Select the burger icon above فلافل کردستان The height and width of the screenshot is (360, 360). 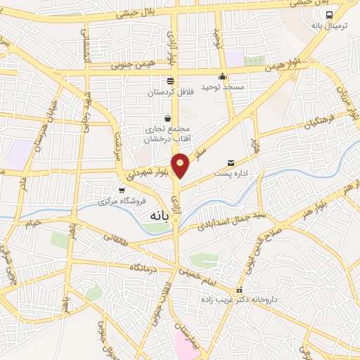[x=171, y=80]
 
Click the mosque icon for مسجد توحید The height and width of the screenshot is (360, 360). [x=223, y=77]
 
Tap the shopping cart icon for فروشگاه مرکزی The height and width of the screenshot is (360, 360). [x=122, y=190]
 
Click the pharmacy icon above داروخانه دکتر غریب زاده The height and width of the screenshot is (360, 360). [x=240, y=290]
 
